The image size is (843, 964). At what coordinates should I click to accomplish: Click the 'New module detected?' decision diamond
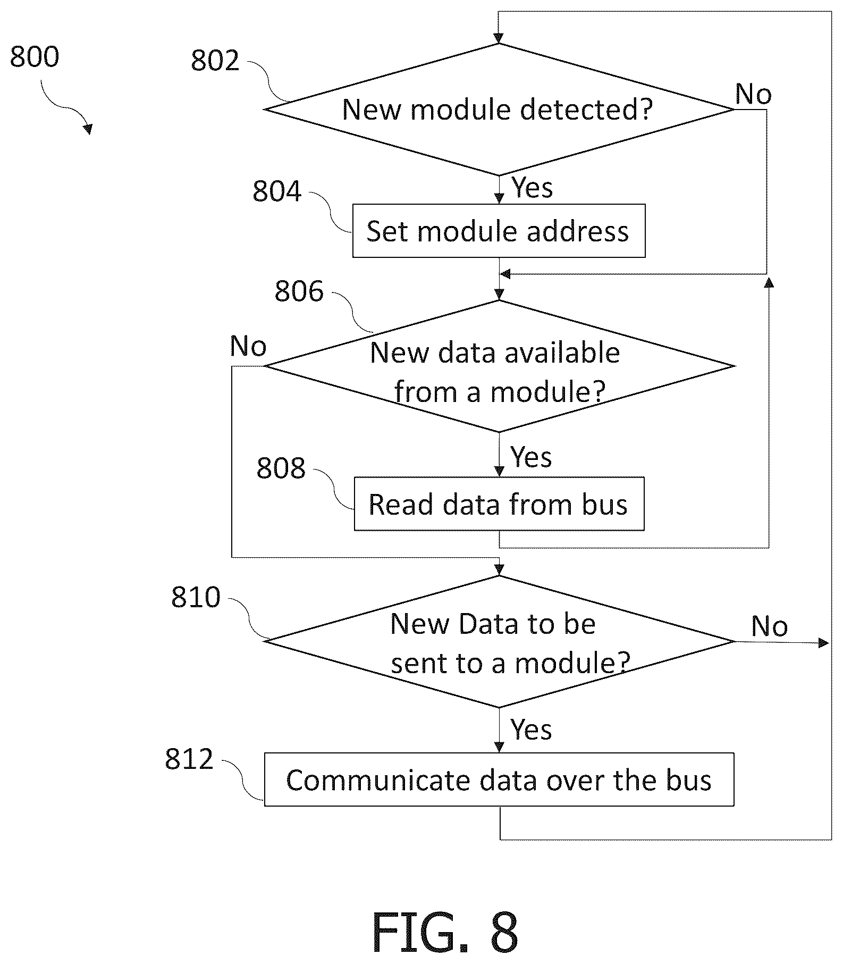[x=499, y=110]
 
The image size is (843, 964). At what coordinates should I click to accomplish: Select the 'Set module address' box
[x=499, y=231]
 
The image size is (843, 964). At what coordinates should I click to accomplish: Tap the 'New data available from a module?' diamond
[x=499, y=366]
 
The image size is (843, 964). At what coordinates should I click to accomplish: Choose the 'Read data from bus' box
[x=499, y=504]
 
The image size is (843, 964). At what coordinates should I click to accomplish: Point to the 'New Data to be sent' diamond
[x=499, y=642]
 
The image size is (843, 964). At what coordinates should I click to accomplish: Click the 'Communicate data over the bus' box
[x=499, y=779]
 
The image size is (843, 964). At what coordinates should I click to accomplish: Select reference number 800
[x=35, y=56]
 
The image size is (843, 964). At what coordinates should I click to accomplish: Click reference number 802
[x=215, y=60]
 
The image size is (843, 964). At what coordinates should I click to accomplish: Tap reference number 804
[x=277, y=191]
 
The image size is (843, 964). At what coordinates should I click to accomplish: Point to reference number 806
[x=299, y=291]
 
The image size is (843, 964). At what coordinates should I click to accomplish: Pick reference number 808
[x=281, y=468]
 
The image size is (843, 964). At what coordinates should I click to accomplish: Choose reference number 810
[x=196, y=597]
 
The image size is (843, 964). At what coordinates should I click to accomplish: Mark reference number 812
[x=189, y=759]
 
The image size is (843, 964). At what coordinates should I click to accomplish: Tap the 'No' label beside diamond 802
[x=753, y=94]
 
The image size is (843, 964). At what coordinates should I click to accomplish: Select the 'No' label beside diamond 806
[x=248, y=346]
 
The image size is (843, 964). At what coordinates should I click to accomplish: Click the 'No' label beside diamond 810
[x=769, y=626]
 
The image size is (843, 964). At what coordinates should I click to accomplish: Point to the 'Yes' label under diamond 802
[x=532, y=188]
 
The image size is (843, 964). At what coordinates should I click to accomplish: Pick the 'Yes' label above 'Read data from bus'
[x=531, y=457]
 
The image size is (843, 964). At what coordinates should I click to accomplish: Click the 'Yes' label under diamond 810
[x=531, y=729]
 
